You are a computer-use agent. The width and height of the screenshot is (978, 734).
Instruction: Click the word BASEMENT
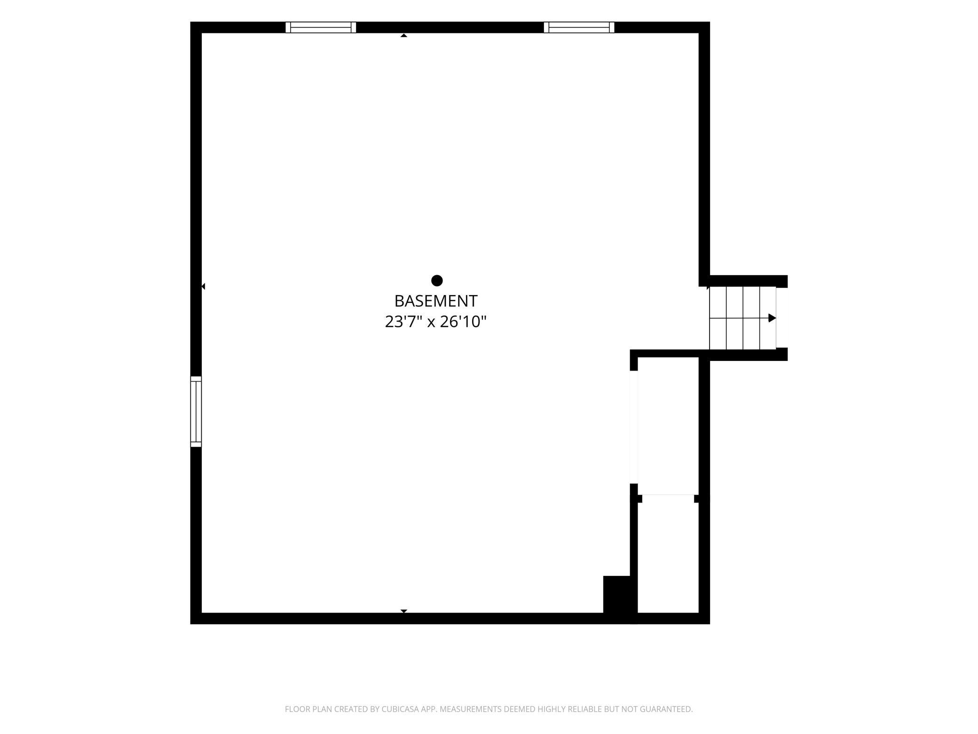(436, 301)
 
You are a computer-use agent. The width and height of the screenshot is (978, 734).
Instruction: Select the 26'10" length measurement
(463, 322)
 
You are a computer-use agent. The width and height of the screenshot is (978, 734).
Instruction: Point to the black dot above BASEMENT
(437, 280)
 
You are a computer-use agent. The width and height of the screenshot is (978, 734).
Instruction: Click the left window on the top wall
(321, 27)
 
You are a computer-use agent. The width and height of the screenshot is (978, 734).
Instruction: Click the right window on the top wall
(579, 27)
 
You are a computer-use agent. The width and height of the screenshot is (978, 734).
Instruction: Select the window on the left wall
(196, 411)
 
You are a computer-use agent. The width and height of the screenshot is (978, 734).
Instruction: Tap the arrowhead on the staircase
(772, 318)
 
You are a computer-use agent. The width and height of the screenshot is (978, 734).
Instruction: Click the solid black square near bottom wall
(617, 594)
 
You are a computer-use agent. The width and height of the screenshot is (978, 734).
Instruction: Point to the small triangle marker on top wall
(403, 35)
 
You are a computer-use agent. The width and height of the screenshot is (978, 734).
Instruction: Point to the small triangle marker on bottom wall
(403, 611)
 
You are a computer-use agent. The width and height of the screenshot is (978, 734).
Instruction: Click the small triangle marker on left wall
(203, 286)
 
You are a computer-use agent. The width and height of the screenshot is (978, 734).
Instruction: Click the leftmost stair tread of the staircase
(718, 318)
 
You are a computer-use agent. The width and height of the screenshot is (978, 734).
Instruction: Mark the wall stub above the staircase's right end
(781, 281)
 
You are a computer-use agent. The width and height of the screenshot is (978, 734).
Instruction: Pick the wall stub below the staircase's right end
(781, 354)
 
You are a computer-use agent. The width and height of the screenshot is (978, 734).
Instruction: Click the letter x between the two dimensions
(431, 323)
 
